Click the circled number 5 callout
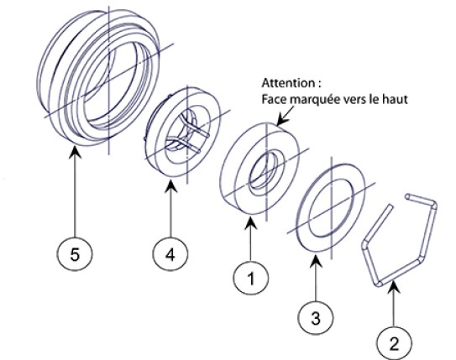75,254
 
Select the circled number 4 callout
170,254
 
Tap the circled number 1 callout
251,278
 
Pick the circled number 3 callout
316,317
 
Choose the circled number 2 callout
394,343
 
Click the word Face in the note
275,99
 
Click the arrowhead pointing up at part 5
75,152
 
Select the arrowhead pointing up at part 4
170,186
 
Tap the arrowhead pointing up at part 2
394,286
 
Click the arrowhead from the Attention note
281,119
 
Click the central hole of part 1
265,171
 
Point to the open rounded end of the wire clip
408,196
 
